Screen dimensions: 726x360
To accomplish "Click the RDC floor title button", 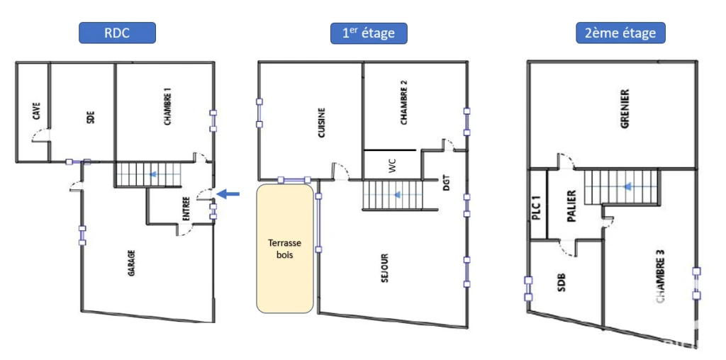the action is (x=117, y=33).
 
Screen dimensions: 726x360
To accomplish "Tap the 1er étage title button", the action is (x=369, y=33).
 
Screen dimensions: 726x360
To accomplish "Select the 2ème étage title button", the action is (x=620, y=33).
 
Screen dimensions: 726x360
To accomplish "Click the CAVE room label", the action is (x=37, y=111).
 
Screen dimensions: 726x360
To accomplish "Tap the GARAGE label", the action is (x=132, y=264).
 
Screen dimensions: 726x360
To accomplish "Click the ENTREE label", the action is (x=186, y=208).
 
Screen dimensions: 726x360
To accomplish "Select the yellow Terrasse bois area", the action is (x=285, y=248).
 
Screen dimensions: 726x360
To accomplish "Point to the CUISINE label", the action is (x=322, y=124).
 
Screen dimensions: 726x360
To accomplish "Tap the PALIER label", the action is (x=571, y=206).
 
